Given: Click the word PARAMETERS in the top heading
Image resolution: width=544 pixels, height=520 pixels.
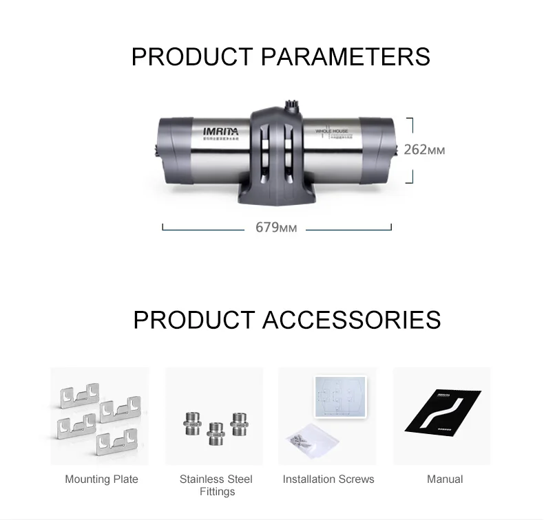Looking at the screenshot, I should point(345,56).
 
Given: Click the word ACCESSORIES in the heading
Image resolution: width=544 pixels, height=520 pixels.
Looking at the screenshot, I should point(351,320).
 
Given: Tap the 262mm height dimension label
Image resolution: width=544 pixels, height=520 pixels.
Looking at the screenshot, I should point(424,149).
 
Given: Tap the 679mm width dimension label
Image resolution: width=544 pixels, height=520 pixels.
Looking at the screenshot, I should point(276,227).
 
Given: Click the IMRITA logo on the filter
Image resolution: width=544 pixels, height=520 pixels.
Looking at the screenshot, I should point(220,129).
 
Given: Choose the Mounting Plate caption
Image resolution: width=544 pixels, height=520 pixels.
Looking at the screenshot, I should point(101,479).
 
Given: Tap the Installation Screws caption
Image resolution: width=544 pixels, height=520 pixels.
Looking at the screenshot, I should point(328,479).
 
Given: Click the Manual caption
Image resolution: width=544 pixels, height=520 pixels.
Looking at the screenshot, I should point(445,479).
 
